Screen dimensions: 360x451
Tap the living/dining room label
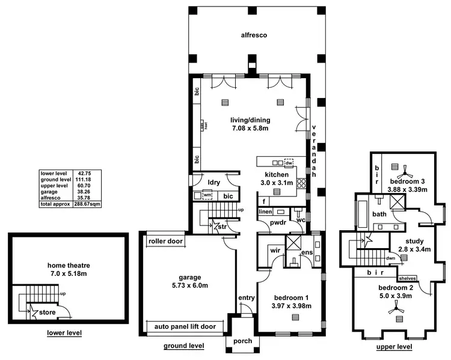coord(250,120)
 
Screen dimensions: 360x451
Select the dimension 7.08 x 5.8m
coord(250,128)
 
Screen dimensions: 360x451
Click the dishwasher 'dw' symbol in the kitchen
coord(289,162)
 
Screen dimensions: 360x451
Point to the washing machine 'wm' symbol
coord(207,195)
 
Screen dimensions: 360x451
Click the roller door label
coord(166,241)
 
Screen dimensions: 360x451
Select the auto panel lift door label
coord(185,327)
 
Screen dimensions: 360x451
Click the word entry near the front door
coord(246,297)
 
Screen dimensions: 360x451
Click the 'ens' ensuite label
coord(306,253)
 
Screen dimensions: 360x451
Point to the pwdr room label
coord(278,222)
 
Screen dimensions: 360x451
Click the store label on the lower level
coord(48,313)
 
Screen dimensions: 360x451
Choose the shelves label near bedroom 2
coord(407,279)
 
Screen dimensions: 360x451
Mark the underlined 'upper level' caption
coord(394,347)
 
